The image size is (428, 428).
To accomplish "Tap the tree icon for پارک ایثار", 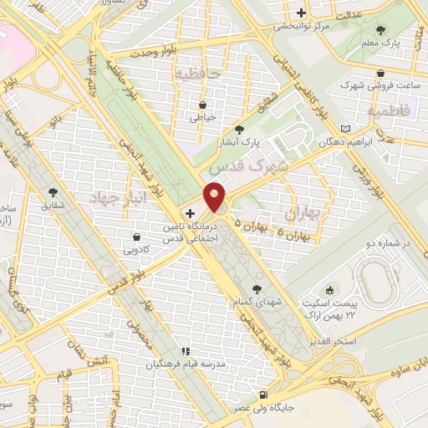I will coord(240,130).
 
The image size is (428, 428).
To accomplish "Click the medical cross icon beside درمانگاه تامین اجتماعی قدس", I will coord(191,213).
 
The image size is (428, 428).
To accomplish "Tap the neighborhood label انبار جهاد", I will coord(118,199).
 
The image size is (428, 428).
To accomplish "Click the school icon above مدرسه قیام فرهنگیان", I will coord(186,351).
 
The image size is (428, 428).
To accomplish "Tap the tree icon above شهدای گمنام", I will coord(257,288).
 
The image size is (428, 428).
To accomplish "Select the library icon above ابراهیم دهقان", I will coord(346,129).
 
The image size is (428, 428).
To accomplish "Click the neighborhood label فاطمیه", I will coord(390,110).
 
